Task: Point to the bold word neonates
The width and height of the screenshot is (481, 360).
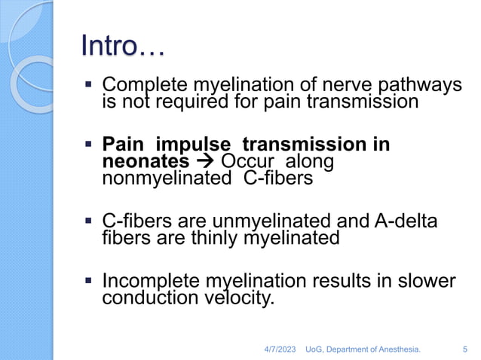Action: pos(146,161)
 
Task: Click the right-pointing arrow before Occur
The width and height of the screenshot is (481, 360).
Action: pos(204,161)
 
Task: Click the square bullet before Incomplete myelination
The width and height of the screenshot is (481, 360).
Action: pos(89,281)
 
